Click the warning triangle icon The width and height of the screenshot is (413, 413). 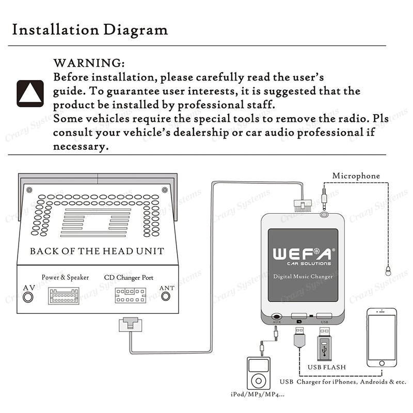(30, 93)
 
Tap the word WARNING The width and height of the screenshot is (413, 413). (89, 63)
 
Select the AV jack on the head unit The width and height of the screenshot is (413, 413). (29, 297)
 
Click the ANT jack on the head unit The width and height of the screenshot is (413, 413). (166, 296)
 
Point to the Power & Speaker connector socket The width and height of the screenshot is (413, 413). (63, 296)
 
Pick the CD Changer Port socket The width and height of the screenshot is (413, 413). (130, 296)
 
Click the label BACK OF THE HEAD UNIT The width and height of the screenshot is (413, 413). (97, 251)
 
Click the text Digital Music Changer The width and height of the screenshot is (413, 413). (303, 277)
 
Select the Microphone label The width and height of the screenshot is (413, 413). (356, 176)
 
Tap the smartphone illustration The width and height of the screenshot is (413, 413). (382, 338)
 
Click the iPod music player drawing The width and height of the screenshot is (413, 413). (257, 373)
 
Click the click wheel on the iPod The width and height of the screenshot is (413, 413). (257, 381)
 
